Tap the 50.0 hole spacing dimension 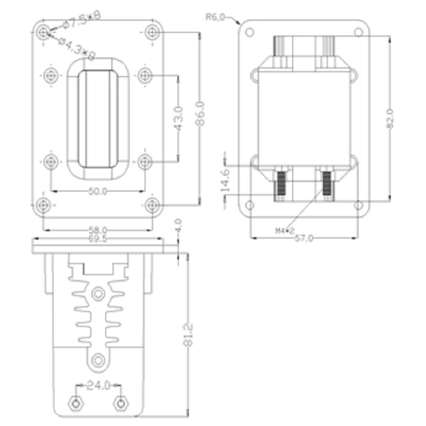[98, 192]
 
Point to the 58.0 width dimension [98, 230]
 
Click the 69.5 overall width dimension [98, 239]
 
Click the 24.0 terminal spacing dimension [98, 386]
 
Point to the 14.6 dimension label [225, 179]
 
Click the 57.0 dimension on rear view [304, 239]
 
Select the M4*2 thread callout [285, 231]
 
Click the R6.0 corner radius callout [216, 17]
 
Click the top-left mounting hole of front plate [43, 32]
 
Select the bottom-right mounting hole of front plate [152, 205]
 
